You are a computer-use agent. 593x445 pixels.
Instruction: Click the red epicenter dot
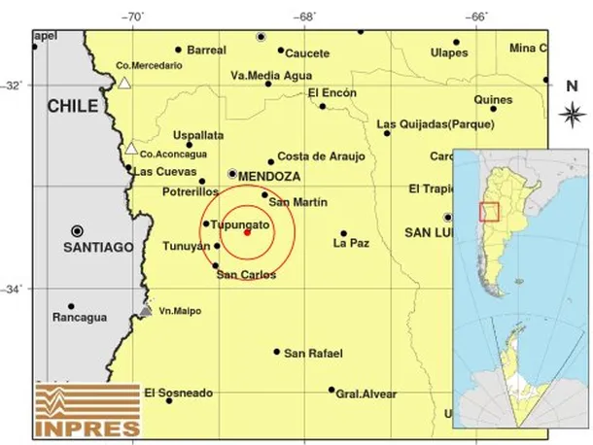point(247,231)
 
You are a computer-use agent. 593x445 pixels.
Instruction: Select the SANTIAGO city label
point(97,248)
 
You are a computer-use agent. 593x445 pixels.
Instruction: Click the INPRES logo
point(87,408)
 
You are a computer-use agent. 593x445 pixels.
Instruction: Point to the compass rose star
point(572,113)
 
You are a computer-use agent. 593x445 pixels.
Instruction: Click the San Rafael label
point(313,353)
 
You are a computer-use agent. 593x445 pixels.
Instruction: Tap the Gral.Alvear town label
point(366,394)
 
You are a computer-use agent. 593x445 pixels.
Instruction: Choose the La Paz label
point(351,244)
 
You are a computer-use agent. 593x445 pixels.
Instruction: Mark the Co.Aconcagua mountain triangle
point(130,149)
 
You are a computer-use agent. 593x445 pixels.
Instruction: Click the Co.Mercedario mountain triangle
point(123,84)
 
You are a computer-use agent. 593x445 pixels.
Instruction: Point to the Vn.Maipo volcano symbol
point(145,311)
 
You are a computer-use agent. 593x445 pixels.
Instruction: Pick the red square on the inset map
point(490,212)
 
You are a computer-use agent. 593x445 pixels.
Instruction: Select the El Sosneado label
point(178,393)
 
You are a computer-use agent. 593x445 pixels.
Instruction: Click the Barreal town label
point(206,50)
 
